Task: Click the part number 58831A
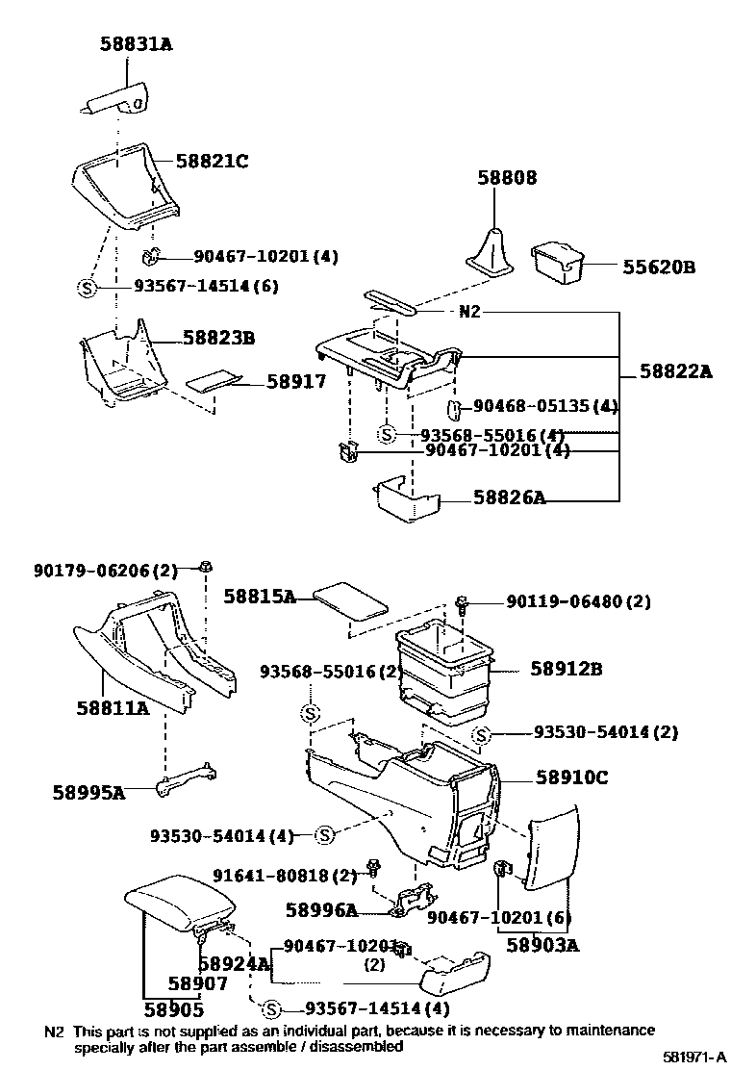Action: point(137,43)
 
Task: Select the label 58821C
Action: point(212,162)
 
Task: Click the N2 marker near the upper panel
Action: point(470,312)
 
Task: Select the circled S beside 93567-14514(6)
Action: point(86,286)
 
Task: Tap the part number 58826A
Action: point(509,497)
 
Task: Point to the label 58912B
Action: point(566,668)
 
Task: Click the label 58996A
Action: point(321,909)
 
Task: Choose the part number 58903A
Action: point(542,945)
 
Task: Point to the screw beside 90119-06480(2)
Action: point(464,603)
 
